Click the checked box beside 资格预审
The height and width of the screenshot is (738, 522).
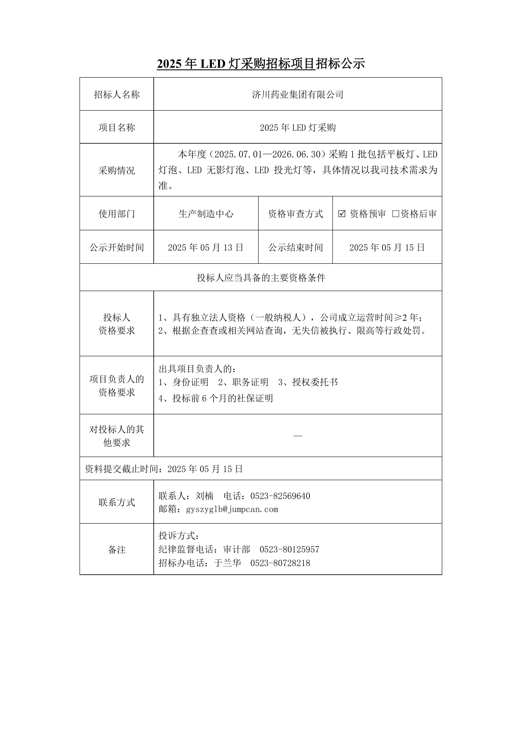[342, 214]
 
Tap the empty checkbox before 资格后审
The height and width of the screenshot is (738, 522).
[395, 214]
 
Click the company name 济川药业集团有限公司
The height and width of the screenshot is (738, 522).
[298, 94]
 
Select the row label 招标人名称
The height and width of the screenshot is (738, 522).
[117, 94]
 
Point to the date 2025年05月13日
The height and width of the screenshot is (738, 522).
[206, 248]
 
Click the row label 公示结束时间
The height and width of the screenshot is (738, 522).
[295, 248]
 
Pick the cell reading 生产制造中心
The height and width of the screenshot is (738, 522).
[206, 214]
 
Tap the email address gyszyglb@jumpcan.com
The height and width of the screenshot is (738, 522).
[232, 509]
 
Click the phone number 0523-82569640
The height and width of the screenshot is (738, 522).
[280, 496]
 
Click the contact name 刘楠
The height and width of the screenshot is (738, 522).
[205, 496]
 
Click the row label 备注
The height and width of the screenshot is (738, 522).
[117, 550]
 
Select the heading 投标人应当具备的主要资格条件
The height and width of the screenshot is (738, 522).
[261, 278]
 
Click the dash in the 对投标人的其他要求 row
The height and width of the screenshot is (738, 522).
[298, 436]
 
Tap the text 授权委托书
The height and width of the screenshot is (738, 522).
[315, 382]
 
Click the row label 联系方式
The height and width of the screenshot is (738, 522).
[117, 502]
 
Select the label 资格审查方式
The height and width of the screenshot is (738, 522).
[295, 214]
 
